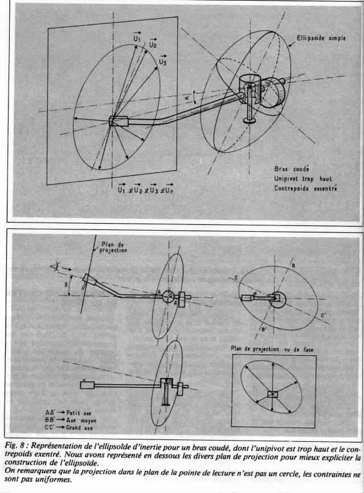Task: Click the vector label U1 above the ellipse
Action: pyautogui.click(x=136, y=38)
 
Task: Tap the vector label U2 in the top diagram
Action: pyautogui.click(x=153, y=43)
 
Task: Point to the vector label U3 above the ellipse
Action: pyautogui.click(x=163, y=61)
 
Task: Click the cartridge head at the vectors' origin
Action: pyautogui.click(x=118, y=121)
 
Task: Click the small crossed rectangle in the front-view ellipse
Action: pyautogui.click(x=273, y=395)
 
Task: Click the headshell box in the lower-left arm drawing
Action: pyautogui.click(x=88, y=385)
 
